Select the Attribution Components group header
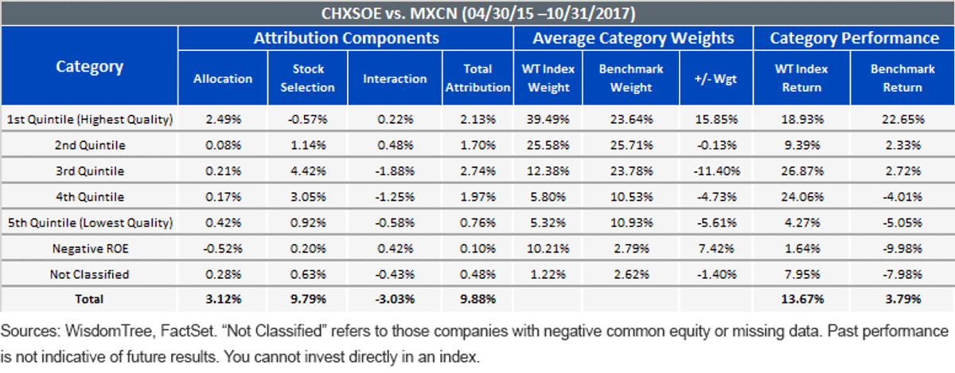click(346, 38)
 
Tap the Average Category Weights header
click(633, 38)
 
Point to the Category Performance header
click(854, 38)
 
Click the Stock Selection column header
click(307, 78)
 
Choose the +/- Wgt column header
click(715, 79)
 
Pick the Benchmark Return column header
click(902, 78)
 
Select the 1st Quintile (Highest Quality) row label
click(89, 119)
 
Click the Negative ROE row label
click(90, 249)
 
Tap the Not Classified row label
click(89, 274)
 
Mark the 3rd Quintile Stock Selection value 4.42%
click(308, 171)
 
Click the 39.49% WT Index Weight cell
click(548, 119)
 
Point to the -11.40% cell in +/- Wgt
click(716, 171)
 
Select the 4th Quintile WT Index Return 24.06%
click(802, 197)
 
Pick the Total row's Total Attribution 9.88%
click(477, 299)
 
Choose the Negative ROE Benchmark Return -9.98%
click(902, 249)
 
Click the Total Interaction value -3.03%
click(395, 299)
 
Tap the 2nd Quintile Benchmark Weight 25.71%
click(631, 145)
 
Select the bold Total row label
click(89, 299)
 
